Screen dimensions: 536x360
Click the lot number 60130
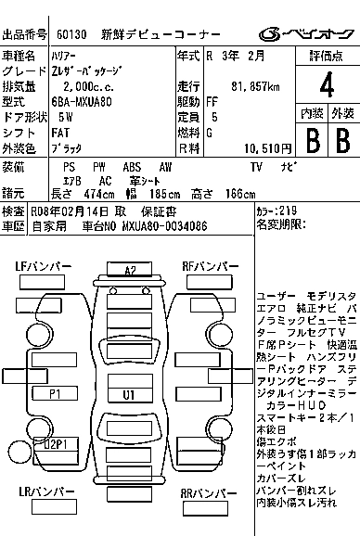(x=71, y=34)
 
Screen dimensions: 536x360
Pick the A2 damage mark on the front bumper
(x=130, y=270)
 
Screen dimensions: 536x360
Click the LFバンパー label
(x=43, y=267)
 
